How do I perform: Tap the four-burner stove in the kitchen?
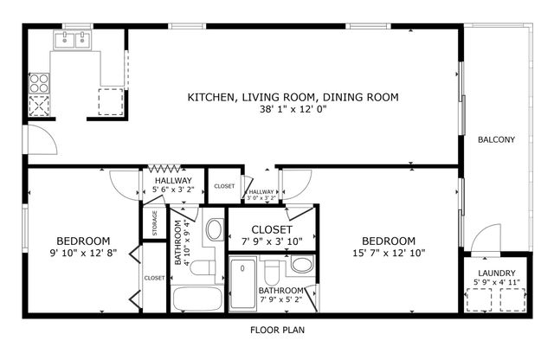(40, 83)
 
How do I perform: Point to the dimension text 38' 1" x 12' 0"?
(293, 110)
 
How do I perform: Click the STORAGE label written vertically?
(155, 222)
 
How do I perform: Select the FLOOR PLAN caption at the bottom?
(277, 330)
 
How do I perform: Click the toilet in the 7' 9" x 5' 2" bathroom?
(271, 275)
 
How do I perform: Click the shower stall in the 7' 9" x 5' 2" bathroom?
(243, 283)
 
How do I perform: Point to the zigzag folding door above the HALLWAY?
(166, 169)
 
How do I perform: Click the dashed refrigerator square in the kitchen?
(112, 100)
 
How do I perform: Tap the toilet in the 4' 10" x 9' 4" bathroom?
(202, 270)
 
